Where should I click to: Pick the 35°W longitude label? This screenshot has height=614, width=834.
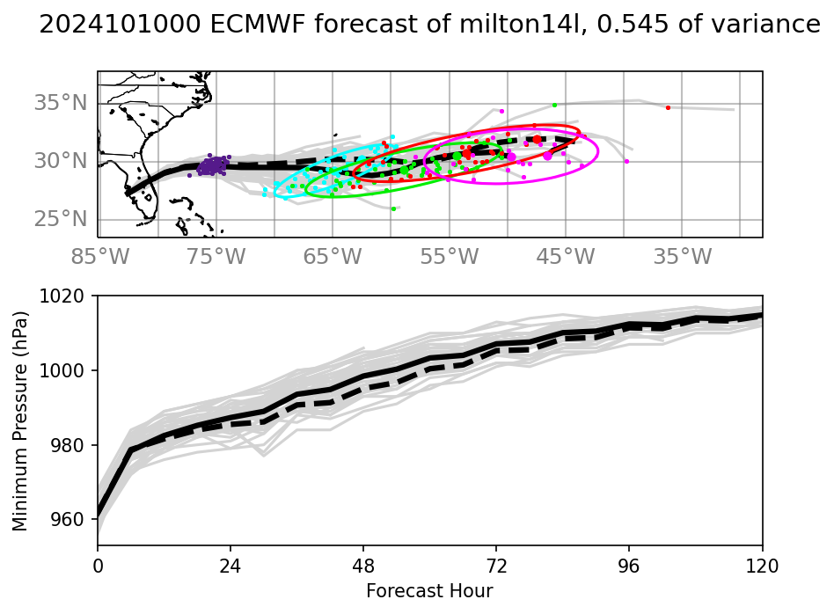pos(683,257)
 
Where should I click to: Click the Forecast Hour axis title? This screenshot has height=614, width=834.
pos(429,591)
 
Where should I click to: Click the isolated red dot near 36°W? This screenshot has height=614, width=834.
pos(668,107)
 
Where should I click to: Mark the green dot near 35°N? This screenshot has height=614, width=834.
pos(554,105)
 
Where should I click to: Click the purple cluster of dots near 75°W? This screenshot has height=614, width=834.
pos(212,165)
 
